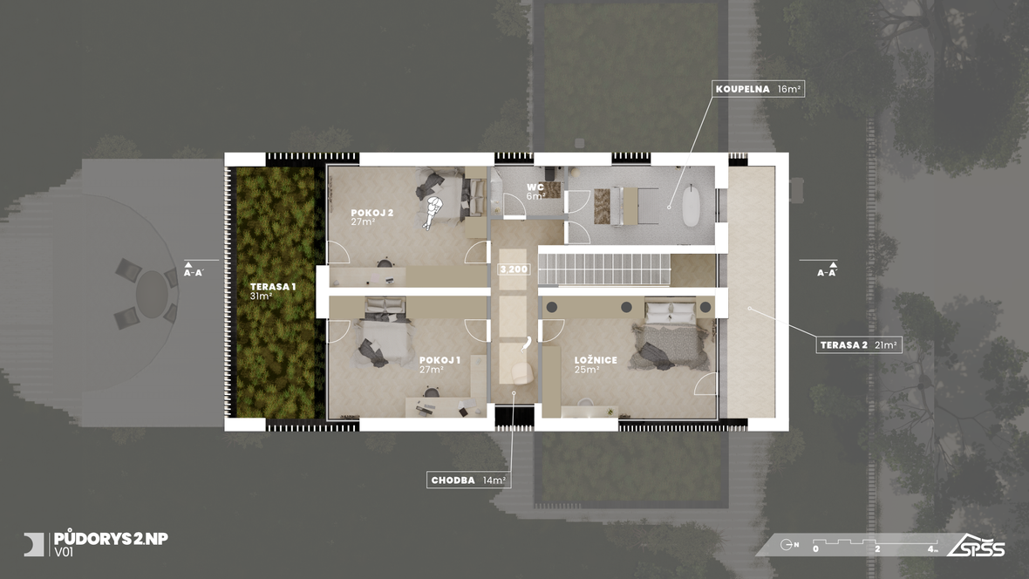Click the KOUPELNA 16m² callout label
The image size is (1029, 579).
pos(758,89)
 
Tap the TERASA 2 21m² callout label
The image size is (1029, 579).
pos(859,344)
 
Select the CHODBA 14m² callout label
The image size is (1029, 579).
pos(468,480)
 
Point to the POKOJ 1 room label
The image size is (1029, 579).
pos(440,364)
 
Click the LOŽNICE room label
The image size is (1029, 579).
pos(596,364)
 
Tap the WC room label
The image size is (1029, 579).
pos(535,192)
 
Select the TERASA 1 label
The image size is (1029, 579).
pos(272,291)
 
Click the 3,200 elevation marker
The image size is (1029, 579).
pos(513,269)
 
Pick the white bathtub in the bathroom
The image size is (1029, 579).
pos(691,206)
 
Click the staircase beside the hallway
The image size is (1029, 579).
pos(604,269)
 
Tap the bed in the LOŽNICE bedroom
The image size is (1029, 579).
pos(670,335)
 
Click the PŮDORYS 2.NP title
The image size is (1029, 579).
pos(111,539)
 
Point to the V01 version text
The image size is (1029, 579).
pos(64,553)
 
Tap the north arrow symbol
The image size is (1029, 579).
pos(789,545)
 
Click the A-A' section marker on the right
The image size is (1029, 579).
pos(828,269)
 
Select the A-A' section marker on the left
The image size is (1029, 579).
pos(194,269)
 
